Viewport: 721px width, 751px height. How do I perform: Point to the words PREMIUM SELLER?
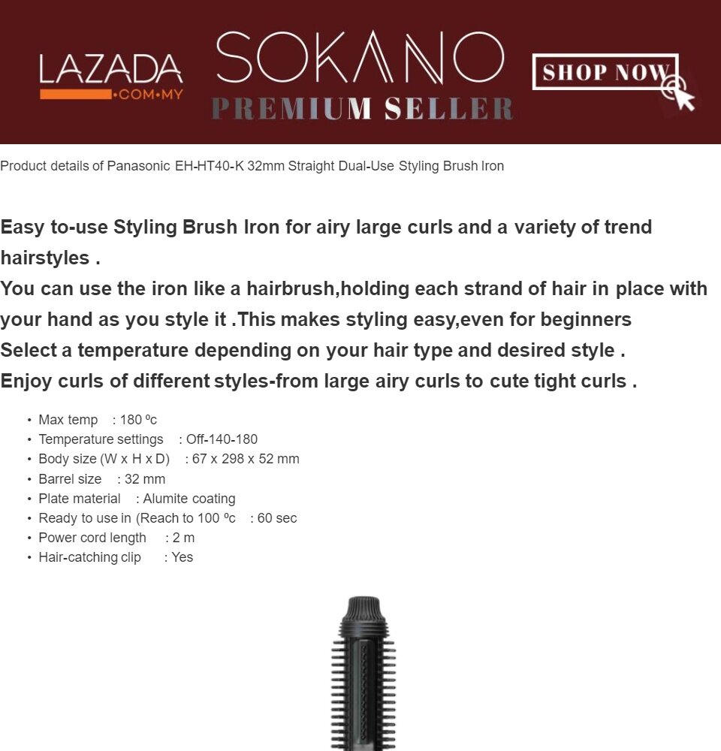coord(362,109)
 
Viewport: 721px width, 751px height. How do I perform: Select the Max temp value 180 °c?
coord(138,420)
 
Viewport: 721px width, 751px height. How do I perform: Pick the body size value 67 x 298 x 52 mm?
coord(246,459)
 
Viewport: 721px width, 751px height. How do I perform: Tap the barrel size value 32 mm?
coord(145,479)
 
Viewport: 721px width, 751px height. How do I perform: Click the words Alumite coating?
coord(189,499)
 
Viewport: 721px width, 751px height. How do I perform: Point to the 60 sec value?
coord(277,518)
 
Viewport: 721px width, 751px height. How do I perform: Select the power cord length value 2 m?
coord(183,538)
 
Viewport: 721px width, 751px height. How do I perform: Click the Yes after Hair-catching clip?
coord(183,557)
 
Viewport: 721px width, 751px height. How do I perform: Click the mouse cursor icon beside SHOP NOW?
coord(679,93)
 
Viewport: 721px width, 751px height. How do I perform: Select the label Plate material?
coord(80,499)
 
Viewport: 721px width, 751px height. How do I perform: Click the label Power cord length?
coord(92,538)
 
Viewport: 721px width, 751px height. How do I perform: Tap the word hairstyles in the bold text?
coord(45,258)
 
